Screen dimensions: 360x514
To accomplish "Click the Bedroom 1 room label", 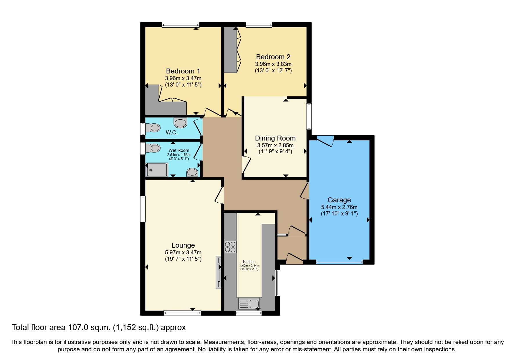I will pos(183,71).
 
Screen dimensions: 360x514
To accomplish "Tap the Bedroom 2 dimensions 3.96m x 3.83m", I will pos(273,64).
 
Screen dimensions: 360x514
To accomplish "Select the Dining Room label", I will pos(275,138).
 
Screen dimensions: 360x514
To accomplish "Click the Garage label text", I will pos(339,200).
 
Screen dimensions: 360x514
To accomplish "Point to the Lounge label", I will pos(183,245).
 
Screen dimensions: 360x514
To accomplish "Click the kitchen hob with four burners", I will pos(230,247).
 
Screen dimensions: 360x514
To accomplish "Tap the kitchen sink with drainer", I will pos(249,303).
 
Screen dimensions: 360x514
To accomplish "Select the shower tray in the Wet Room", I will pos(157,170).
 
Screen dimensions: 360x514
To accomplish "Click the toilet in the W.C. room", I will pos(153,128).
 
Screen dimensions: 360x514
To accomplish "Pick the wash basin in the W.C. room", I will pos(181,123).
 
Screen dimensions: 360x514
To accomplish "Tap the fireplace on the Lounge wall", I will pos(218,272).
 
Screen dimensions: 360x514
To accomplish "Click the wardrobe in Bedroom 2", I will pos(231,50).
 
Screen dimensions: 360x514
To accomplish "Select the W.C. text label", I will pos(172,133).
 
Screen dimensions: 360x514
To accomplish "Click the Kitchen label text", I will pos(249,262).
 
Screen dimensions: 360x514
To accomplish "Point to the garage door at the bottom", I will pos(339,262).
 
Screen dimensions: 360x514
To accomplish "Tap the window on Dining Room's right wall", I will pos(309,116).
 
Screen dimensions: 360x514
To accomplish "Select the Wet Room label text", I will pos(179,150).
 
